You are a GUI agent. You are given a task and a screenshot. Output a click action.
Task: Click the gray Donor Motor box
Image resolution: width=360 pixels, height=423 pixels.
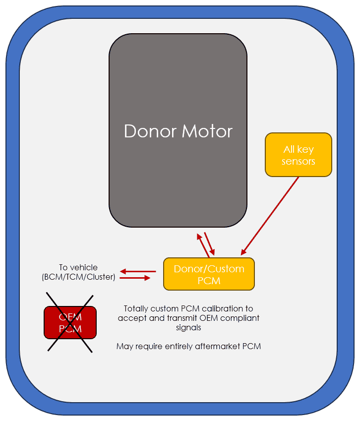[178, 130]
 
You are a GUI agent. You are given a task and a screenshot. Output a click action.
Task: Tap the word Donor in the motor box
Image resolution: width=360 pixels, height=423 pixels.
[150, 131]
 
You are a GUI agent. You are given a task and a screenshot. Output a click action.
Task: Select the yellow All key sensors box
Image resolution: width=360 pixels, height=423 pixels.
[298, 155]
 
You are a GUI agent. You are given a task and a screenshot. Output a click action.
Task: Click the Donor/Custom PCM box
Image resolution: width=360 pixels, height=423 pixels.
[209, 274]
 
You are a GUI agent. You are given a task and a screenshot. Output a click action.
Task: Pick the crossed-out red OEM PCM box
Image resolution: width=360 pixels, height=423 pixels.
[70, 323]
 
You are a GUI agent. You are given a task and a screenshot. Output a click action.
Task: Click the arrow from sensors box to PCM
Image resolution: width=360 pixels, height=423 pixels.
[270, 216]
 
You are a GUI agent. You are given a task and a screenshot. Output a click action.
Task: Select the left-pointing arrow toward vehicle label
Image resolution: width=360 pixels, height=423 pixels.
[138, 271]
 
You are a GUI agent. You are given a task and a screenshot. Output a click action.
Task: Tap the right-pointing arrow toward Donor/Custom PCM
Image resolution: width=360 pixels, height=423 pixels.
[135, 278]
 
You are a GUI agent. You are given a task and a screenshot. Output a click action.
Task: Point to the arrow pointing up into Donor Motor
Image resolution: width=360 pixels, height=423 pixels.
[203, 245]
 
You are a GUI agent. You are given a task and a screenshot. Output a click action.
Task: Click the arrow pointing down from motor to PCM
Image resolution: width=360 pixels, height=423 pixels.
[210, 243]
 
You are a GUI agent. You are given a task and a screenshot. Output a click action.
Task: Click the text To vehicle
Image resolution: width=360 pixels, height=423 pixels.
[78, 267]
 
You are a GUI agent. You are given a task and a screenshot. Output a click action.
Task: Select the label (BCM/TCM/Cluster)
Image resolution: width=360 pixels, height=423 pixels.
[78, 277]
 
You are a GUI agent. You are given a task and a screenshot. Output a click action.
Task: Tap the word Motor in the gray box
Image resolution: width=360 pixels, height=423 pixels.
[207, 131]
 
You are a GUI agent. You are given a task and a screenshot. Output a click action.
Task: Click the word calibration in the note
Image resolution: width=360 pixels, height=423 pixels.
[222, 308]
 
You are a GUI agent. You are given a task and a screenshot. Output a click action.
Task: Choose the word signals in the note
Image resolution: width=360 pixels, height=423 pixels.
[188, 328]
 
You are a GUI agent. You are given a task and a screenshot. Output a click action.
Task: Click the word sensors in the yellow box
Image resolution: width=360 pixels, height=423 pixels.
[298, 161]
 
